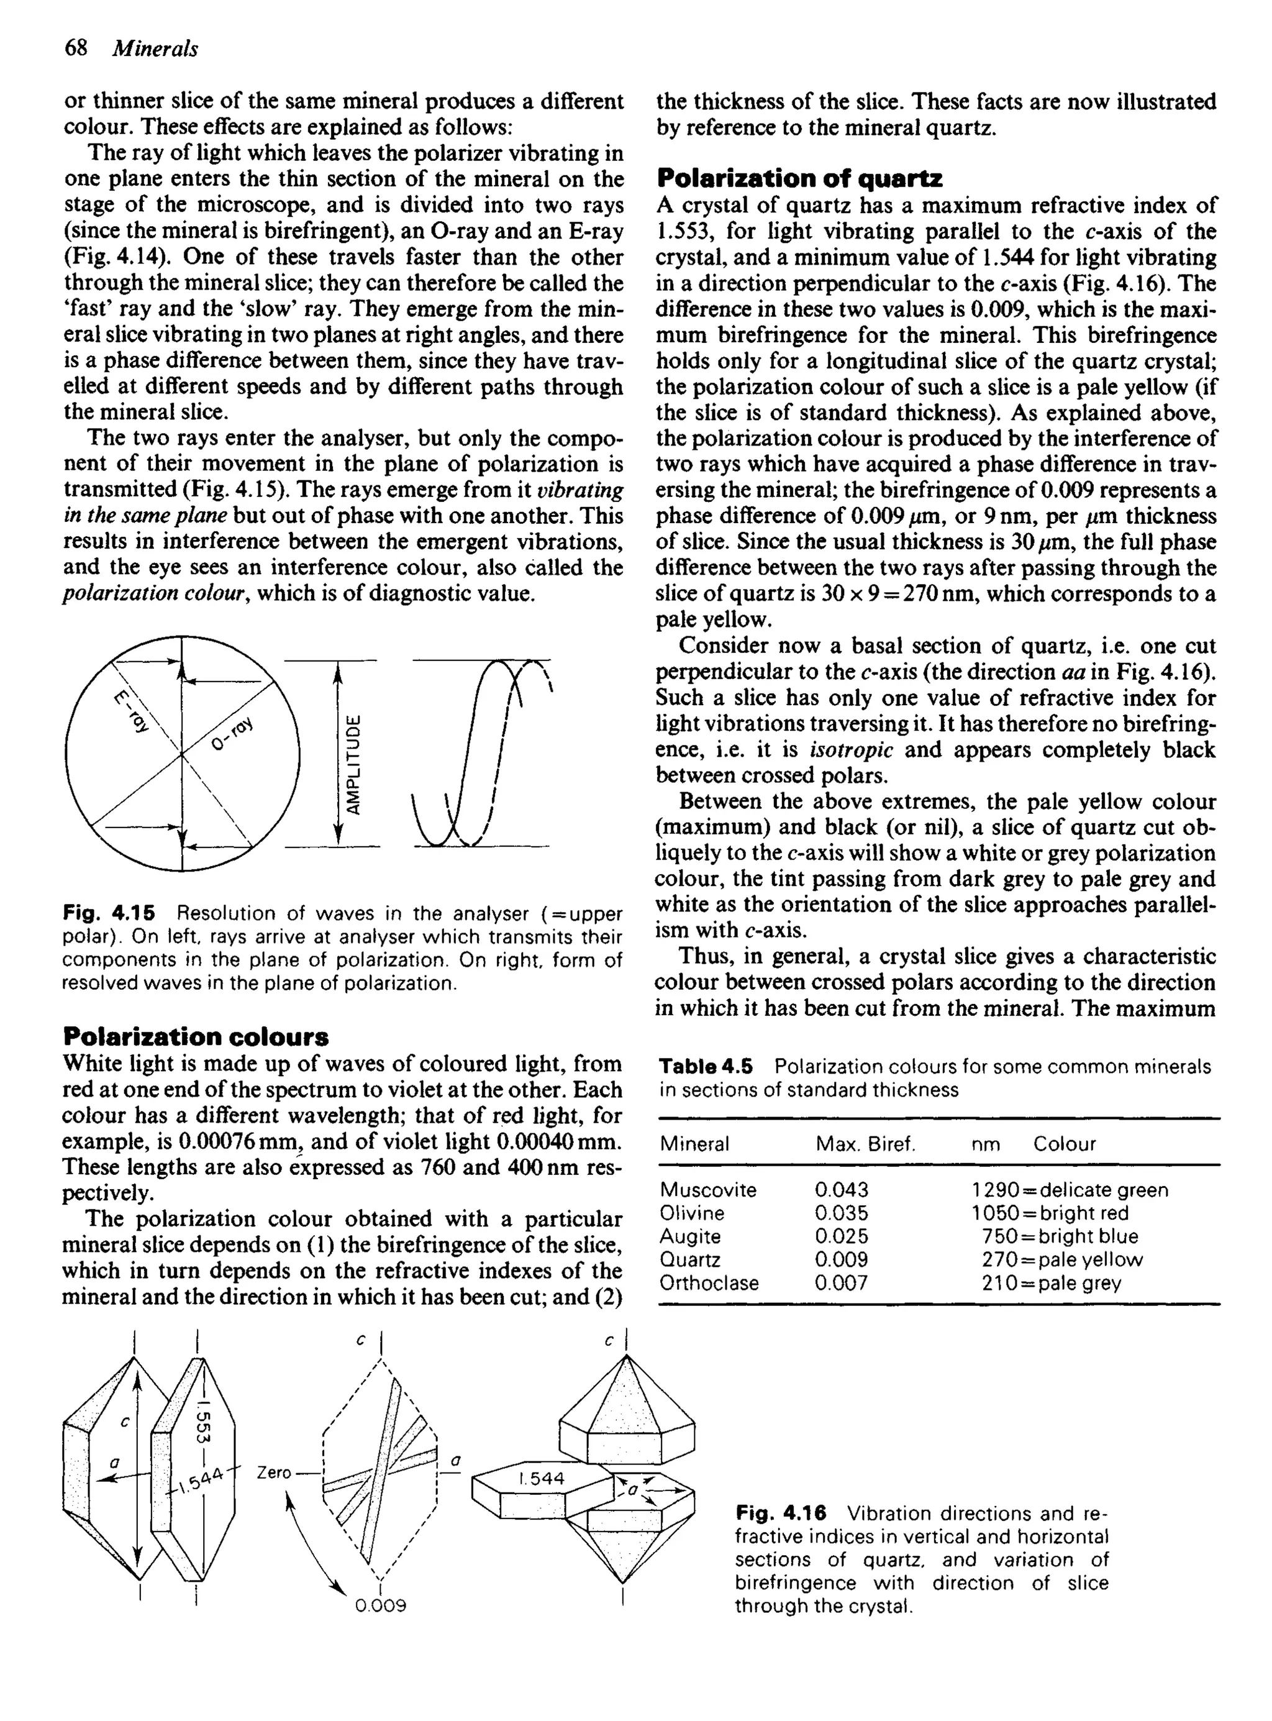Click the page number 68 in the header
click(x=75, y=48)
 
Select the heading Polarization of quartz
click(x=799, y=179)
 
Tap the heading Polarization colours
click(x=196, y=1036)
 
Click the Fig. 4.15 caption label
click(x=108, y=914)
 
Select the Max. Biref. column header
click(x=865, y=1143)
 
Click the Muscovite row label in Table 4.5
click(x=707, y=1190)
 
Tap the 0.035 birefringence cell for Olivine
click(x=841, y=1213)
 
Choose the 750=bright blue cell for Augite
click(x=1060, y=1236)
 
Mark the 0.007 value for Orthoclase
click(x=841, y=1283)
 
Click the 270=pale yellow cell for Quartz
click(x=1062, y=1260)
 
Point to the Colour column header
click(x=1063, y=1143)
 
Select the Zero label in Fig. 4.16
click(x=273, y=1472)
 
